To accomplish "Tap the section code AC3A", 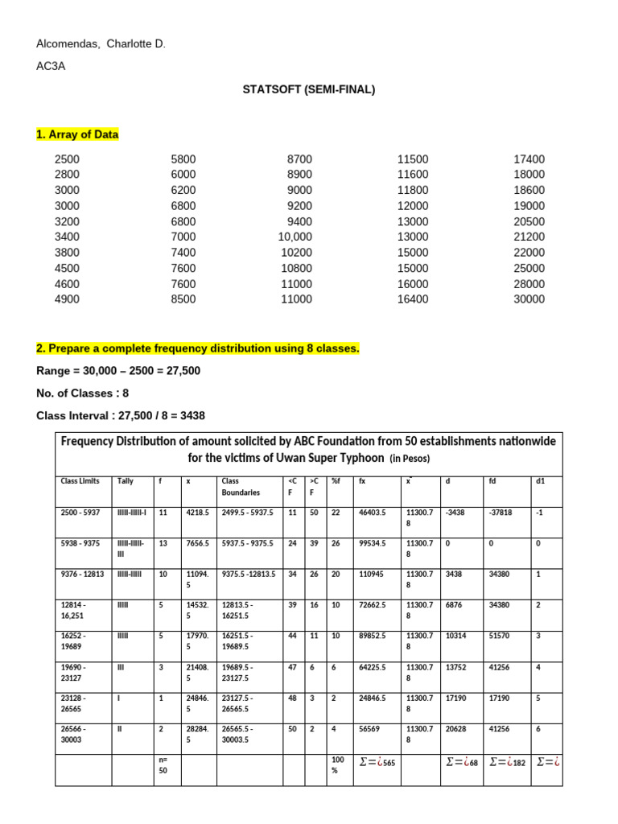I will pos(51,67).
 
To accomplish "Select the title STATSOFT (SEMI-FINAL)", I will pos(309,89).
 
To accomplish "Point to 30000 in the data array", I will pos(529,299).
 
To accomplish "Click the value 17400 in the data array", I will pos(529,159).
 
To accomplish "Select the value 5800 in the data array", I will pos(183,159).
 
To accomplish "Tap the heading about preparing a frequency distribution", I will pos(198,348).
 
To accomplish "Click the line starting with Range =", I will pos(118,371).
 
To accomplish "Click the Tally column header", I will pos(126,480).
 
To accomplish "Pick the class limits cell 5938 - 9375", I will pos(80,543).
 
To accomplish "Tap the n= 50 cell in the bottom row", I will pos(163,765).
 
